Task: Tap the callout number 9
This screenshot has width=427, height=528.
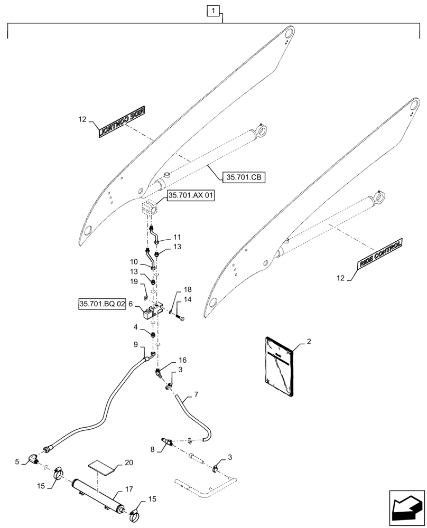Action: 136,344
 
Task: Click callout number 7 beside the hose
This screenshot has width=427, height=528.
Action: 196,395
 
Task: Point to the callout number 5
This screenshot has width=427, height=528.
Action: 18,461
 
